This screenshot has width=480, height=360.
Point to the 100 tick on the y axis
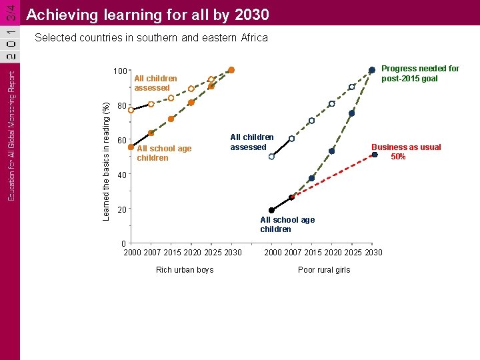[x=120, y=71]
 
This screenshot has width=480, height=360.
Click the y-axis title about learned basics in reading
[x=106, y=157]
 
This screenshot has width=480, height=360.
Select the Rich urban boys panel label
[x=185, y=270]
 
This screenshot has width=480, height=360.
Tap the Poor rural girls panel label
[x=324, y=270]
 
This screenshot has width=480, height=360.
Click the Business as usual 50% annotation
[x=405, y=152]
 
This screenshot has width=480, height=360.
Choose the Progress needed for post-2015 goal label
[x=420, y=73]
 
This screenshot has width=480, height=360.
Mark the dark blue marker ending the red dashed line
[x=375, y=155]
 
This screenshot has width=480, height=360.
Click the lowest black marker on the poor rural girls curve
[x=271, y=210]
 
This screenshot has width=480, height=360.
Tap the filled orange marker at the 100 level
[x=231, y=70]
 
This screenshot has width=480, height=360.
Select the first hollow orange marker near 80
[x=131, y=110]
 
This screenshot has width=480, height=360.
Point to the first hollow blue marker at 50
[x=271, y=157]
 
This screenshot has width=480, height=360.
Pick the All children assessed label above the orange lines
[x=155, y=83]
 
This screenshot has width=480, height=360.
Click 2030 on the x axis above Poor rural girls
[x=374, y=253]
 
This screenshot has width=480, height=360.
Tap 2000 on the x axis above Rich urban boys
[x=133, y=253]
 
